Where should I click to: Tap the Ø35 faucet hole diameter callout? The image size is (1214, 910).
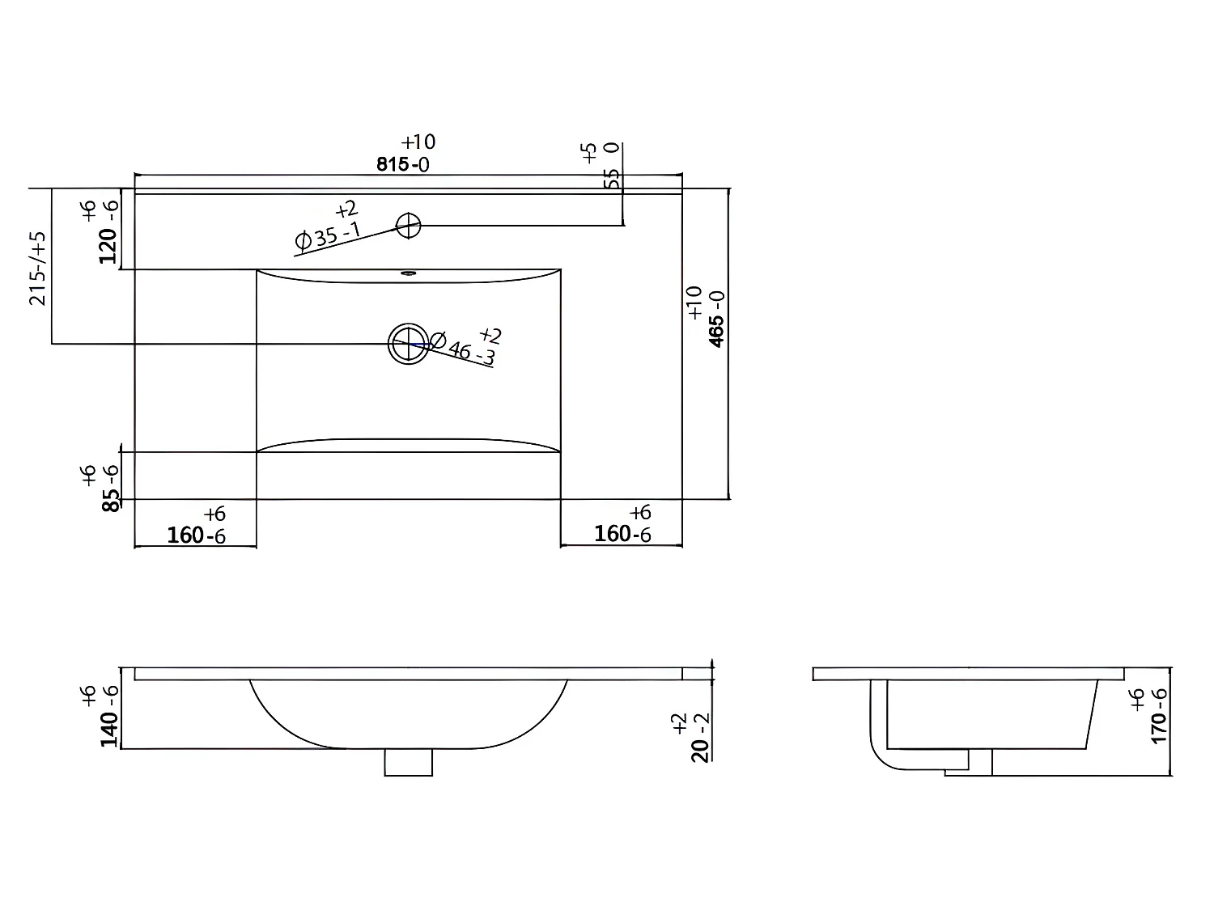coord(328,235)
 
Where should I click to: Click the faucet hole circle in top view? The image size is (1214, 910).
coord(409,225)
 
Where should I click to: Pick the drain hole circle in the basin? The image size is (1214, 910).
coord(408,344)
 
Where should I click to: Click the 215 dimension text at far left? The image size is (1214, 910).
coord(37,268)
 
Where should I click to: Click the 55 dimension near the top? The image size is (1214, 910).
coord(613,178)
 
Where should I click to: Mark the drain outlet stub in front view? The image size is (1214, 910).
coord(408,762)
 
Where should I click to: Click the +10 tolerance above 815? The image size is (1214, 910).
coord(418,142)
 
